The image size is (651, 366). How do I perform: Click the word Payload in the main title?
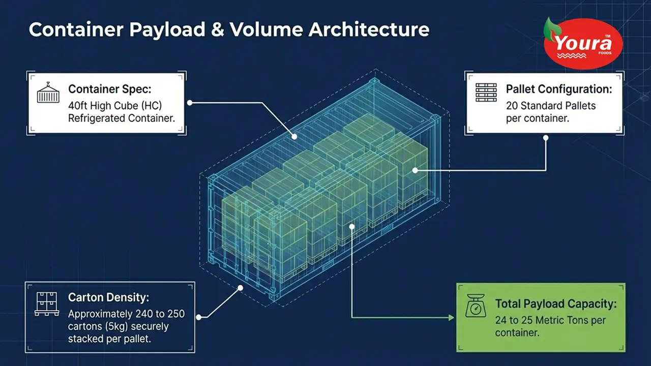pyautogui.click(x=167, y=30)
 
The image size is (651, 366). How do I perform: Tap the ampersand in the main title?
pyautogui.click(x=217, y=29)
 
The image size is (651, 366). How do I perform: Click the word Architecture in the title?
pyautogui.click(x=369, y=29)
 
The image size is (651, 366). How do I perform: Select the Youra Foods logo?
pyautogui.click(x=583, y=43)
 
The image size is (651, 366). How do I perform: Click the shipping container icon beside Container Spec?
pyautogui.click(x=48, y=93)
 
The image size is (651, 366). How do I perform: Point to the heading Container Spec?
pyautogui.click(x=110, y=89)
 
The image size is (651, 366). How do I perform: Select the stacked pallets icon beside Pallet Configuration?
pyautogui.click(x=486, y=93)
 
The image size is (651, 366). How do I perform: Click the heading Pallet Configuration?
pyautogui.click(x=559, y=89)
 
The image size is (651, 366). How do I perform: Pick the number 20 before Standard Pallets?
pyautogui.click(x=512, y=106)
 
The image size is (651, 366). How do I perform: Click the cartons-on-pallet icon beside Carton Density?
pyautogui.click(x=47, y=304)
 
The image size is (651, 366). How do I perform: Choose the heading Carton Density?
pyautogui.click(x=108, y=297)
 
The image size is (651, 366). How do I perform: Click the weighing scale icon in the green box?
pyautogui.click(x=476, y=306)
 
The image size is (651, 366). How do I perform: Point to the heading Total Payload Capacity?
pyautogui.click(x=556, y=304)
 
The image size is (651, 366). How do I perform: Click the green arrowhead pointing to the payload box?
pyautogui.click(x=451, y=318)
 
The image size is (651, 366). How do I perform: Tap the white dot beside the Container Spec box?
pyautogui.click(x=190, y=103)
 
